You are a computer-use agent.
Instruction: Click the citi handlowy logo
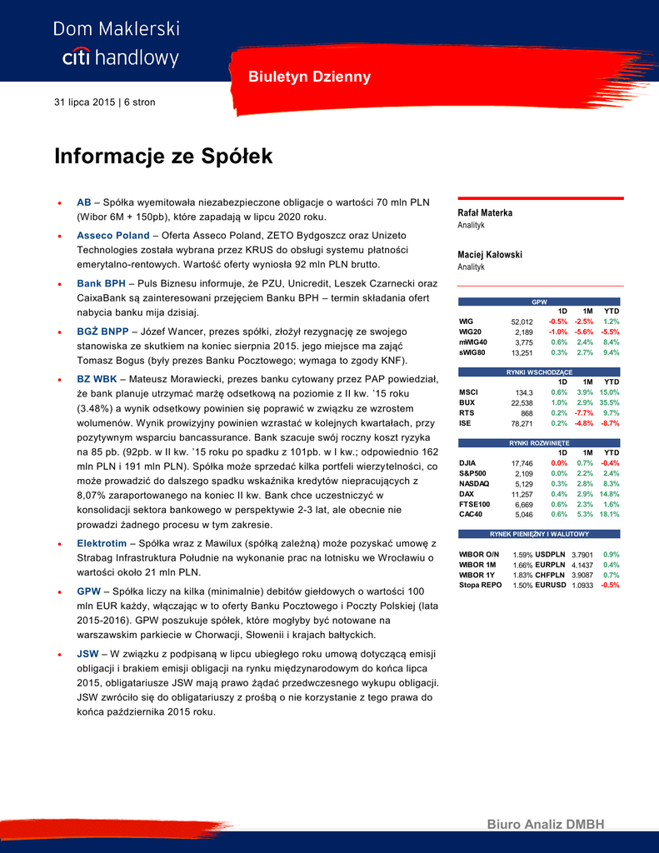point(120,57)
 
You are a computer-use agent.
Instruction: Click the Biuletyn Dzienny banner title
point(309,77)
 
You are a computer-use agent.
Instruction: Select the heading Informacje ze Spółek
point(163,156)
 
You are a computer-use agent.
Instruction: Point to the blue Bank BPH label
point(101,283)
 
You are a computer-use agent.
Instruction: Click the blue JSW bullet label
point(87,653)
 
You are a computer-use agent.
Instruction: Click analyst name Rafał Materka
point(486,212)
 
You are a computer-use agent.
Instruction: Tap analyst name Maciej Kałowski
point(490,254)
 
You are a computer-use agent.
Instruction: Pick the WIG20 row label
point(470,332)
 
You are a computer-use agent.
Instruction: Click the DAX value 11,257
point(522,494)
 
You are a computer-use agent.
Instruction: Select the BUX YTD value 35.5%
point(610,402)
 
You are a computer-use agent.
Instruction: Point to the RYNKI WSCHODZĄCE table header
point(539,372)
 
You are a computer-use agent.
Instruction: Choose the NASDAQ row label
point(474,484)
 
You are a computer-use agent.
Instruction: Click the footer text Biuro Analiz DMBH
point(545,825)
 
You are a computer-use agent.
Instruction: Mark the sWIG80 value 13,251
point(522,352)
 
